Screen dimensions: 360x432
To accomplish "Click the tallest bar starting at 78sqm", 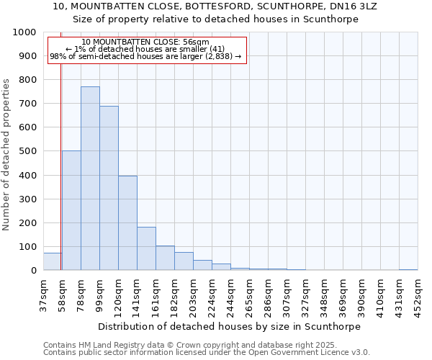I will click(x=90, y=179).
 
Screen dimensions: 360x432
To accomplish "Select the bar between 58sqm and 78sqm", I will click(x=71, y=210).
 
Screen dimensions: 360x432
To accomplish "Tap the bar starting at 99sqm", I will click(x=109, y=188).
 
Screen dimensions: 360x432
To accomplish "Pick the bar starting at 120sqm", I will click(x=127, y=223).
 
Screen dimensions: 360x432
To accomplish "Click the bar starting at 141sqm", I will click(x=146, y=248).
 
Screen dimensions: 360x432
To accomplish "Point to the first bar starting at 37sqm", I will click(x=52, y=261).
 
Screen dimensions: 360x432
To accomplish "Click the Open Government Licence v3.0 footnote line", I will click(x=207, y=353).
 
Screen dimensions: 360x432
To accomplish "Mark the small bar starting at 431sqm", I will click(x=408, y=269).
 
